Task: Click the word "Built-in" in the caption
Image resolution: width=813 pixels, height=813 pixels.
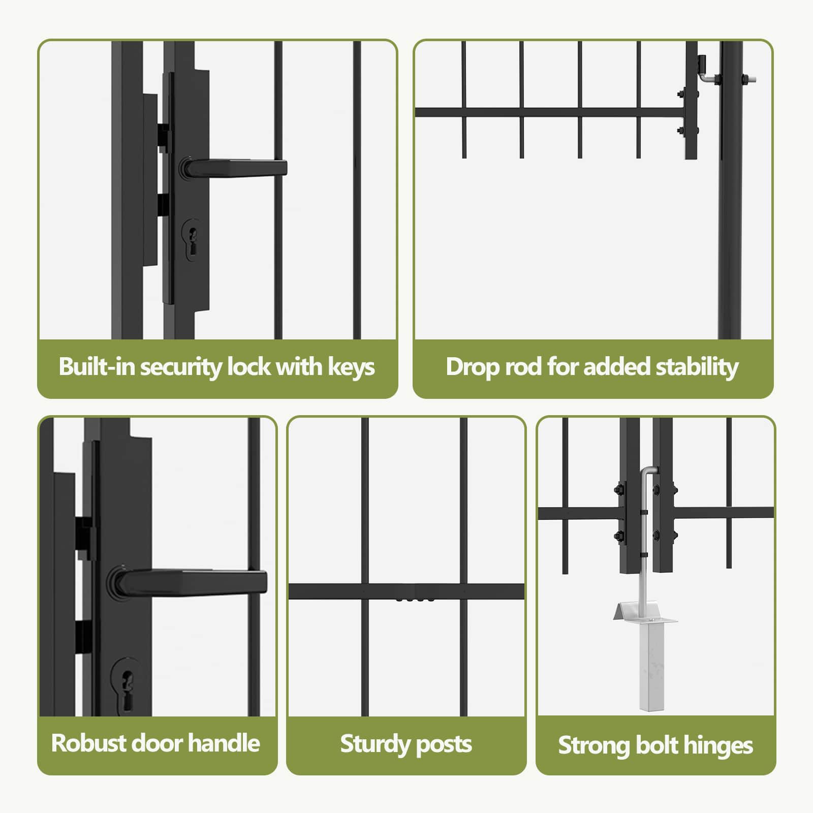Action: click(97, 366)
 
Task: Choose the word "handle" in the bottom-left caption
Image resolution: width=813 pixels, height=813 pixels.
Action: click(224, 743)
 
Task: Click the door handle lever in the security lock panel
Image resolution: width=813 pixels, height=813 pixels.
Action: click(233, 168)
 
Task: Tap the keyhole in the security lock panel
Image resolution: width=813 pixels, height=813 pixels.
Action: click(192, 240)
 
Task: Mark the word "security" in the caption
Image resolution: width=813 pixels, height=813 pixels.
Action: click(181, 367)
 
